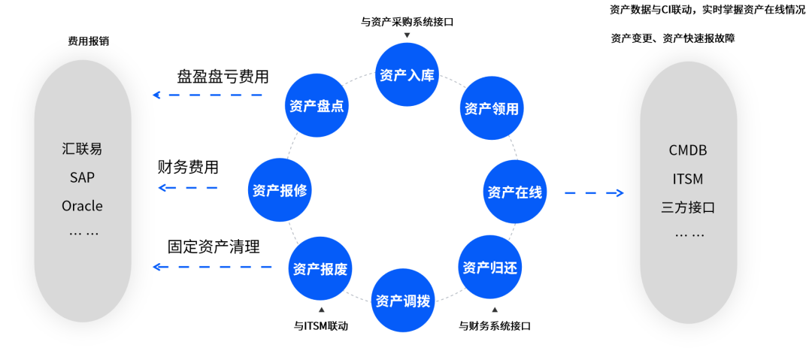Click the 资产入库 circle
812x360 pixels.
tap(407, 75)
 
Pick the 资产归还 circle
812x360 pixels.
tap(489, 267)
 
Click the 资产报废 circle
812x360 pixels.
tap(320, 268)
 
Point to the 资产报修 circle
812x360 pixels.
tap(279, 189)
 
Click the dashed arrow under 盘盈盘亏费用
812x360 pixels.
tap(208, 95)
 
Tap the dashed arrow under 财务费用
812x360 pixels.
tap(188, 187)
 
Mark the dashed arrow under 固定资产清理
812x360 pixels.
tap(208, 266)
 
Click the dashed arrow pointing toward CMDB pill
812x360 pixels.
tap(594, 193)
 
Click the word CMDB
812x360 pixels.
tap(688, 150)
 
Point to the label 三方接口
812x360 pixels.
tap(688, 207)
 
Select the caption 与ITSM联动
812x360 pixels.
tap(321, 326)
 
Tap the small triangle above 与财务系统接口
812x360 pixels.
tap(494, 310)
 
